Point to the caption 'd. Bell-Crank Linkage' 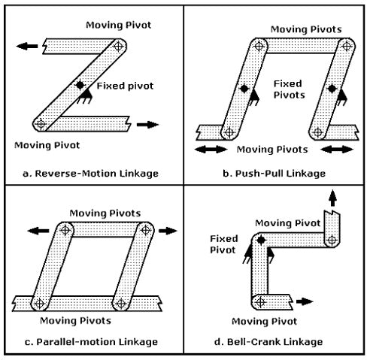pos(274,341)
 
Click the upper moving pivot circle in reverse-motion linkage pos(117,46)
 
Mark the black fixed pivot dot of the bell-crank pos(261,239)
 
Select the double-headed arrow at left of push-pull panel pos(207,150)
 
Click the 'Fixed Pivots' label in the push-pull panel pos(289,90)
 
